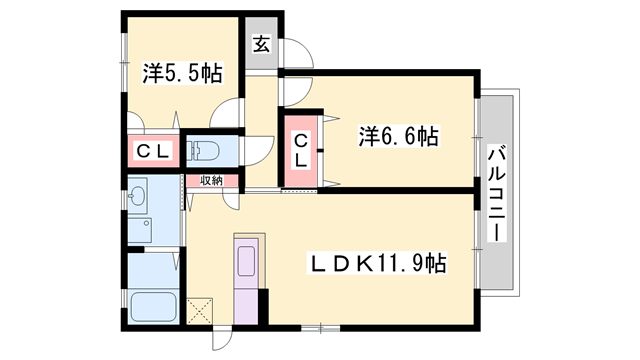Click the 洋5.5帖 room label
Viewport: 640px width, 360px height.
coord(181,73)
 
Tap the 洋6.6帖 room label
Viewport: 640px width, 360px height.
coord(398,136)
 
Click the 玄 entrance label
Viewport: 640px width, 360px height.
coord(260,44)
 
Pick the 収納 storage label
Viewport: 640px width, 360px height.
coord(210,180)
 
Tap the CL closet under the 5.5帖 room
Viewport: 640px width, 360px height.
coord(153,152)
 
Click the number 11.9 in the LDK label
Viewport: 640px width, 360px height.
coord(400,264)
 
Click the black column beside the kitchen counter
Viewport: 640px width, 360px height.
coord(264,301)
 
